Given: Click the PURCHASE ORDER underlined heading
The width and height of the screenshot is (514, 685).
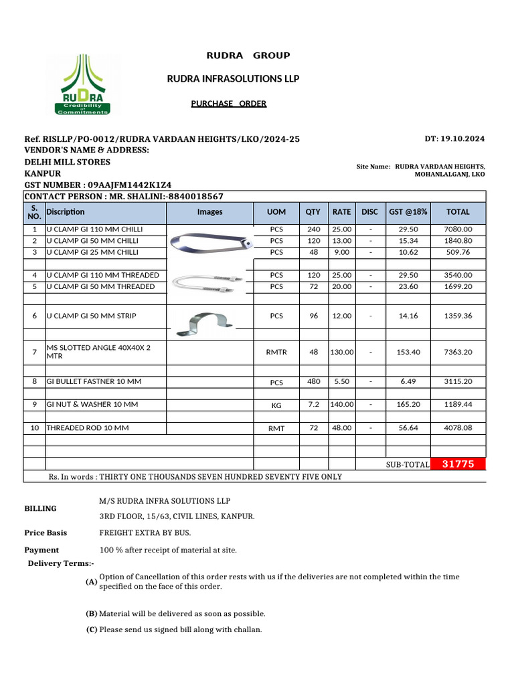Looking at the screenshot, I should click(228, 104).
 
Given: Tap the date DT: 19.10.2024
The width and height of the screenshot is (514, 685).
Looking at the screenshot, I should click(454, 139).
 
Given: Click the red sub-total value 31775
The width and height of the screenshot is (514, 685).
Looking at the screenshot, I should click(458, 464).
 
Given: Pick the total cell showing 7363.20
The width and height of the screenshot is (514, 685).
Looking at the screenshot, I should click(458, 352).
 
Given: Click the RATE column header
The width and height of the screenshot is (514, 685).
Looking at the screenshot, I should click(341, 212).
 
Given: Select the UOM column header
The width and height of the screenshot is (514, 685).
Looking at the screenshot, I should click(276, 212).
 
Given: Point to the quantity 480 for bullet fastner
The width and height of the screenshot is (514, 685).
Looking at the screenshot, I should click(313, 382).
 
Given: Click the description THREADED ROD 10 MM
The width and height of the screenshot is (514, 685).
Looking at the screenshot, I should click(88, 427).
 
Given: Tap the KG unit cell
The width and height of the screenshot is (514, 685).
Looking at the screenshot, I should click(276, 405).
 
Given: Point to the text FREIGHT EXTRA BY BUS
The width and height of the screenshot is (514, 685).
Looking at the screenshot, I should click(144, 533).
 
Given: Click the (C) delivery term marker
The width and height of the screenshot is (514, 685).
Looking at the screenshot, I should click(92, 630).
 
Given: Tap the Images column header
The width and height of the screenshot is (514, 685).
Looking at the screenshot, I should click(209, 212).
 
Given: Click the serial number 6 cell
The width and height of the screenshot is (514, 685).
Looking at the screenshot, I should click(34, 316).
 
